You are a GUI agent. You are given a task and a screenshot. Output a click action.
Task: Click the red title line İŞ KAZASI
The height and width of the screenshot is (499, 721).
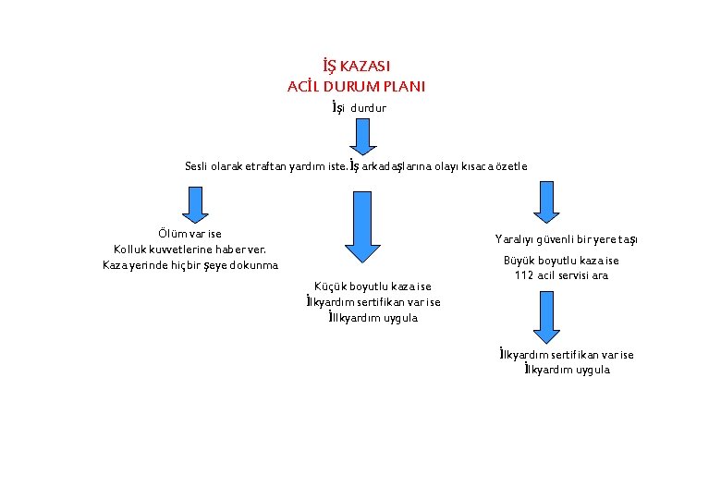click(x=356, y=67)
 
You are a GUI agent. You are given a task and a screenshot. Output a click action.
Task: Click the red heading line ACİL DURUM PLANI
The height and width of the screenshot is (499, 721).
click(x=356, y=87)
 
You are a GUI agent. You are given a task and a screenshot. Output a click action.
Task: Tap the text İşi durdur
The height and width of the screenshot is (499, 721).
click(x=360, y=108)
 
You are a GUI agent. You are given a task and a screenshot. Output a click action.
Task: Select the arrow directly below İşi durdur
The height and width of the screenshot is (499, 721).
click(x=362, y=137)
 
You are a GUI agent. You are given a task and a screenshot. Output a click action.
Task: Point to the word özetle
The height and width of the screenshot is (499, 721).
click(x=509, y=167)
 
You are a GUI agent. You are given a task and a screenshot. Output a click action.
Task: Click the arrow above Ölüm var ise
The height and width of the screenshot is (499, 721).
click(x=195, y=203)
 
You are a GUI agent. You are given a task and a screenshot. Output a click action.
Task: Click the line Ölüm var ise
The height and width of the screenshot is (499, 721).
click(x=190, y=234)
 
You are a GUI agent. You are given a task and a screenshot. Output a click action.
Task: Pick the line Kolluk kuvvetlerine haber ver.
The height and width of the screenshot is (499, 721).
click(x=190, y=249)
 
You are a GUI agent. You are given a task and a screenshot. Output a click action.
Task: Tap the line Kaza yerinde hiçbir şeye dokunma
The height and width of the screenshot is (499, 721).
click(x=190, y=266)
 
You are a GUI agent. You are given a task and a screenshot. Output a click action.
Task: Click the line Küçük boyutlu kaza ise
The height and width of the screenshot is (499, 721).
click(x=373, y=286)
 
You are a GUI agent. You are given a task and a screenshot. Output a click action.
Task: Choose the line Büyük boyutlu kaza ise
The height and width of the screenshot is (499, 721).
click(x=561, y=261)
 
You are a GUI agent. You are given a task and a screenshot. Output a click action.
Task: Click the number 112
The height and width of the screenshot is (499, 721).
click(x=525, y=275)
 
